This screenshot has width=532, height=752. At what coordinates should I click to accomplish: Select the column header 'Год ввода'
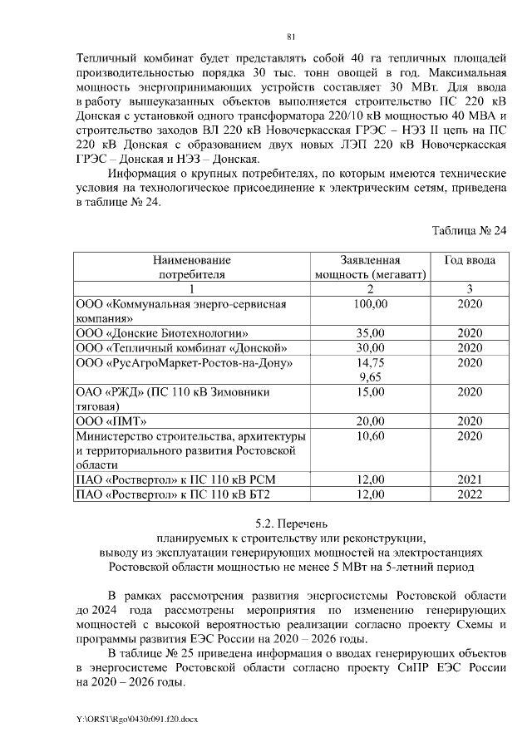point(470,260)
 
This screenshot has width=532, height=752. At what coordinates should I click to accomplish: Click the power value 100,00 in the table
point(370,305)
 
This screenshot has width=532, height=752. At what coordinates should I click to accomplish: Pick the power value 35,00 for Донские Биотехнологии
point(370,333)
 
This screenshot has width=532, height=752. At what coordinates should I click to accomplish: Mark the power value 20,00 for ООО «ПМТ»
point(370,421)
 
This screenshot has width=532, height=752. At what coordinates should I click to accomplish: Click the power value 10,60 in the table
point(370,435)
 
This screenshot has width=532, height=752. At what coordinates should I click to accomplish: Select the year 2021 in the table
point(470,480)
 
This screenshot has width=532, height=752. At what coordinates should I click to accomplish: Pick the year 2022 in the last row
point(470,495)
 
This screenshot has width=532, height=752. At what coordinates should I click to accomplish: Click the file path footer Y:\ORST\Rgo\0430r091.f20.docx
point(137,717)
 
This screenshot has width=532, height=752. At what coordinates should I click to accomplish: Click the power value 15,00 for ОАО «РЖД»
point(370,391)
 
